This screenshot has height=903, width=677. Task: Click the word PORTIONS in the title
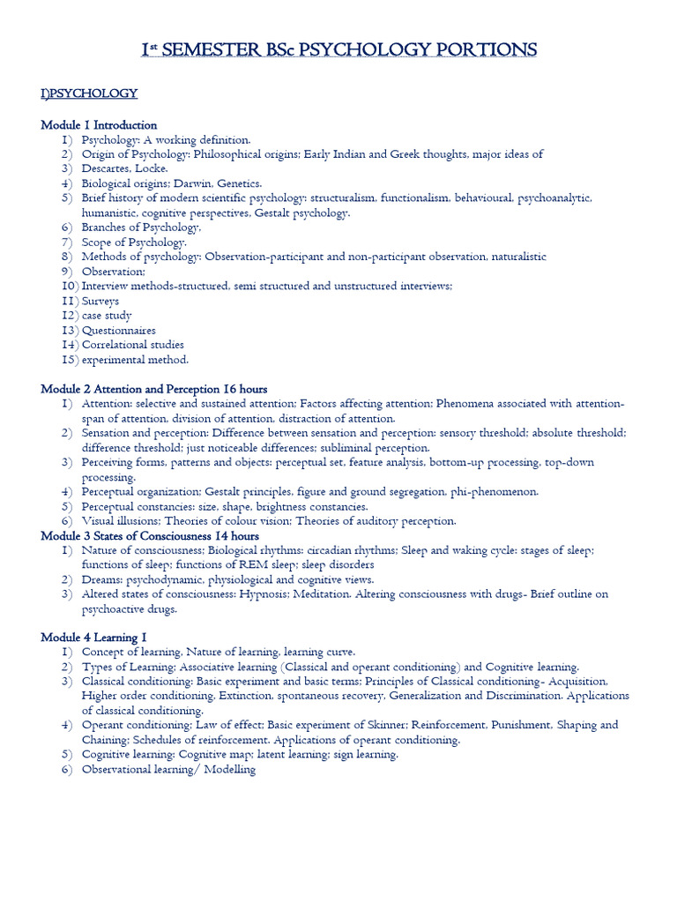click(486, 50)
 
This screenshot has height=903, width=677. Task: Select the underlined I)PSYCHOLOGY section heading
click(89, 93)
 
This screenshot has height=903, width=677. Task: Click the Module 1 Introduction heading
click(99, 125)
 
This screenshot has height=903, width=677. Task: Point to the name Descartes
click(107, 168)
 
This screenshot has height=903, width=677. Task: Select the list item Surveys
click(100, 301)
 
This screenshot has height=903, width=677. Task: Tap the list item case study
click(107, 316)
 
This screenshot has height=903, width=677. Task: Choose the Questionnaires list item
click(119, 330)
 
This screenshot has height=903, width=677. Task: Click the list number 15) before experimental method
click(71, 359)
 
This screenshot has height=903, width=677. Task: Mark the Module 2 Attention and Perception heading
click(154, 389)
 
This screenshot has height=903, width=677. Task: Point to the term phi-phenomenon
click(494, 491)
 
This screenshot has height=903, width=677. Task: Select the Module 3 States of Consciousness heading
click(150, 535)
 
